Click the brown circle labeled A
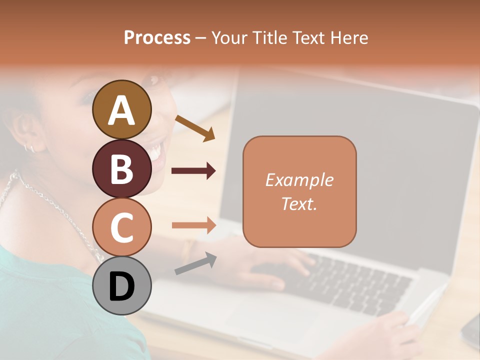point(121,109)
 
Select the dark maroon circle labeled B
point(121,168)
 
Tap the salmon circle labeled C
point(121,227)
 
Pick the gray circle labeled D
point(121,285)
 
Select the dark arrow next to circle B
point(193,171)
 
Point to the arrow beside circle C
point(193,225)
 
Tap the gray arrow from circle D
point(195,263)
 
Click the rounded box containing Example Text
point(299,191)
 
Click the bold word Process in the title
point(157,37)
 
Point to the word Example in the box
point(299,180)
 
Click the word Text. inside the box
point(299,203)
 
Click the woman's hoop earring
point(29,148)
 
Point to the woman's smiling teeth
point(158,150)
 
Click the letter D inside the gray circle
point(121,286)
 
